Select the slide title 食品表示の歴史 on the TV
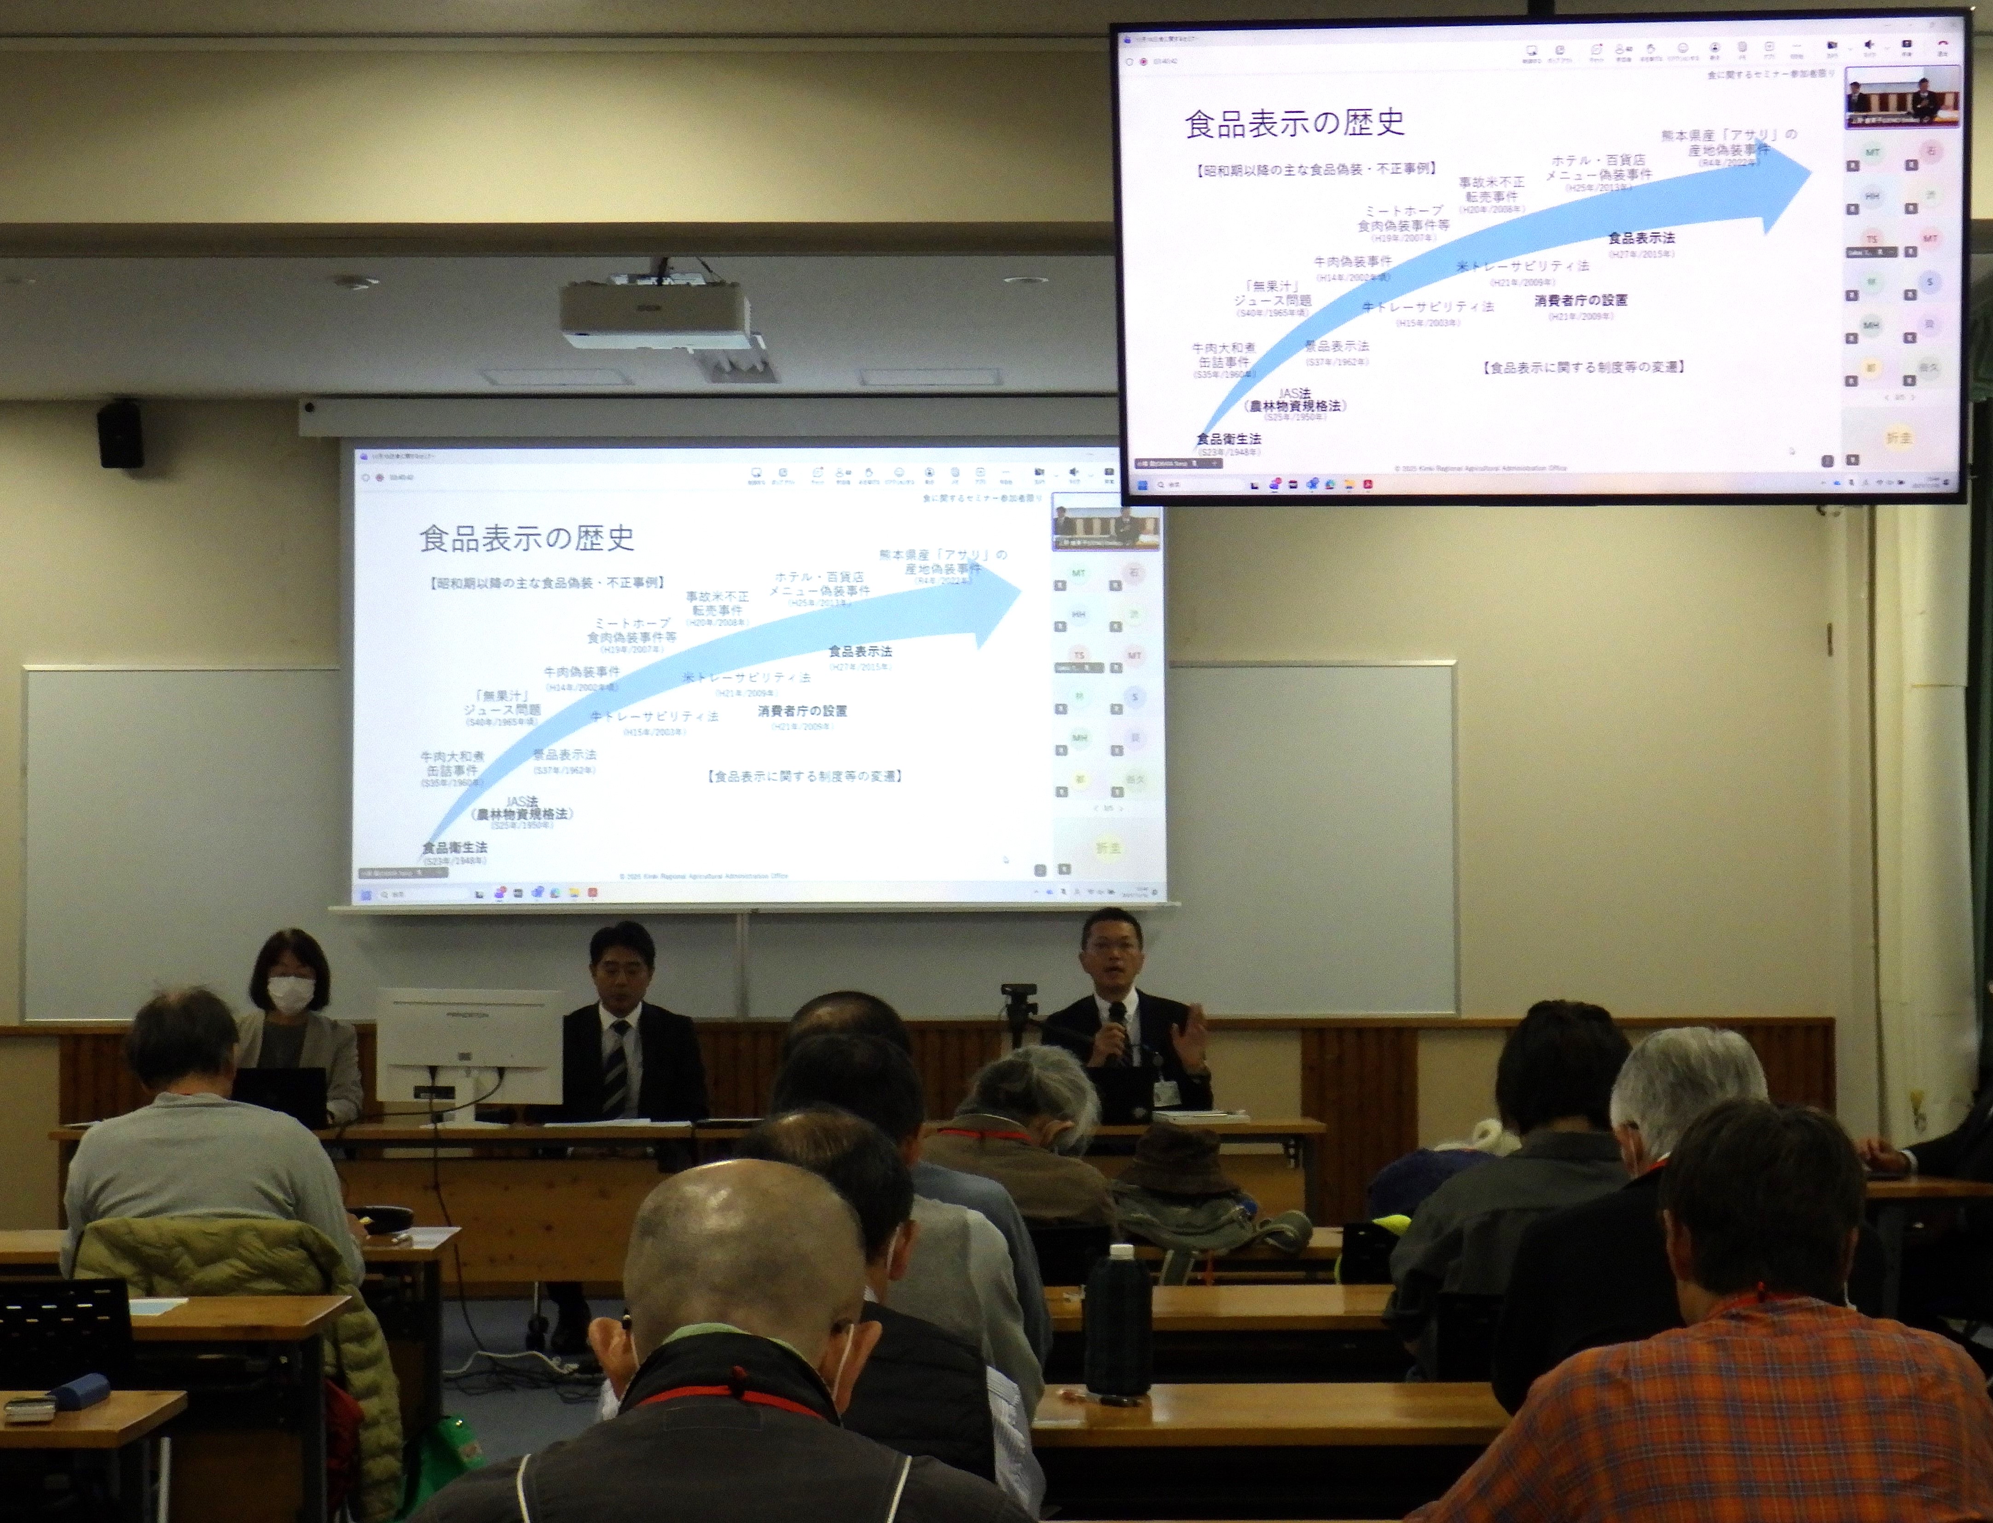1294,123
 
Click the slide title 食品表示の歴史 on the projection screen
527,539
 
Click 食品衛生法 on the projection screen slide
454,847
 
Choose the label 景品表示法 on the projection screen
564,754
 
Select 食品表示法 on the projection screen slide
860,651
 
